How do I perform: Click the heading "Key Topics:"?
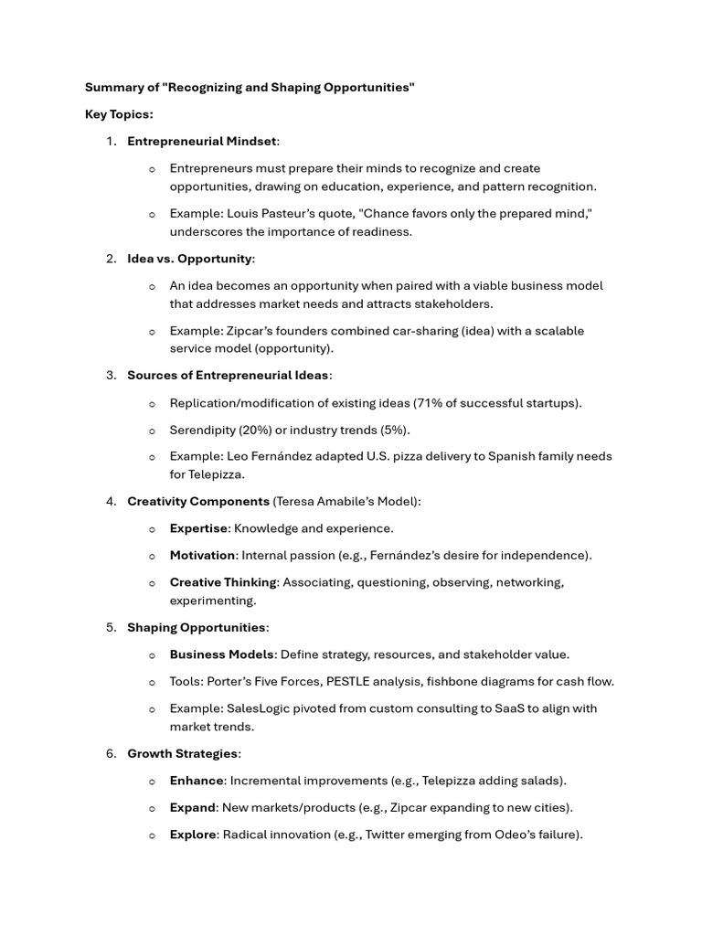click(x=119, y=114)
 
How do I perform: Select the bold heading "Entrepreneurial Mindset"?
click(x=201, y=141)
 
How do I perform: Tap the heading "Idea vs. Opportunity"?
click(x=189, y=259)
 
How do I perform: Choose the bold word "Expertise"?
click(x=198, y=528)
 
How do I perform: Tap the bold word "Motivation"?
click(x=203, y=555)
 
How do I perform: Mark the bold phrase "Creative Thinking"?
click(x=223, y=582)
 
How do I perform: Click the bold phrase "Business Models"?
click(x=222, y=654)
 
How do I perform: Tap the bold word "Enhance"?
click(x=197, y=781)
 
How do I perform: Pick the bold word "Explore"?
click(x=193, y=835)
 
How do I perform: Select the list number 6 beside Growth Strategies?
click(x=111, y=754)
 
